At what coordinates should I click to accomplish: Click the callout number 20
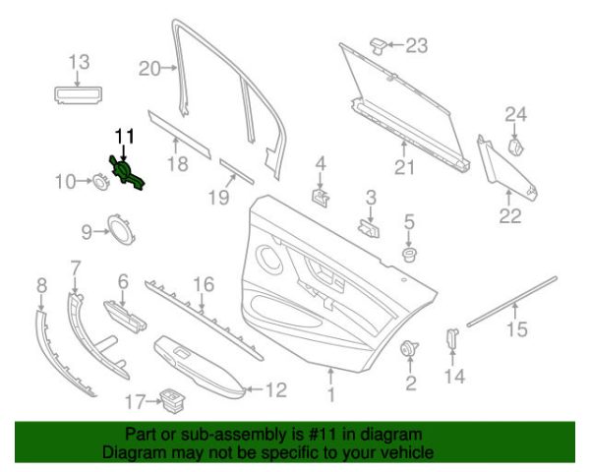click(x=148, y=69)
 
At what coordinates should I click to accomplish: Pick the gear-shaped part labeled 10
click(x=100, y=181)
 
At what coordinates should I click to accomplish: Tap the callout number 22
click(x=509, y=216)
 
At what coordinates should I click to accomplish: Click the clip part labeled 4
click(x=321, y=195)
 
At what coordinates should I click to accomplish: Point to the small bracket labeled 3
click(x=370, y=229)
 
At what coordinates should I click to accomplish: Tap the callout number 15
click(x=516, y=329)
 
